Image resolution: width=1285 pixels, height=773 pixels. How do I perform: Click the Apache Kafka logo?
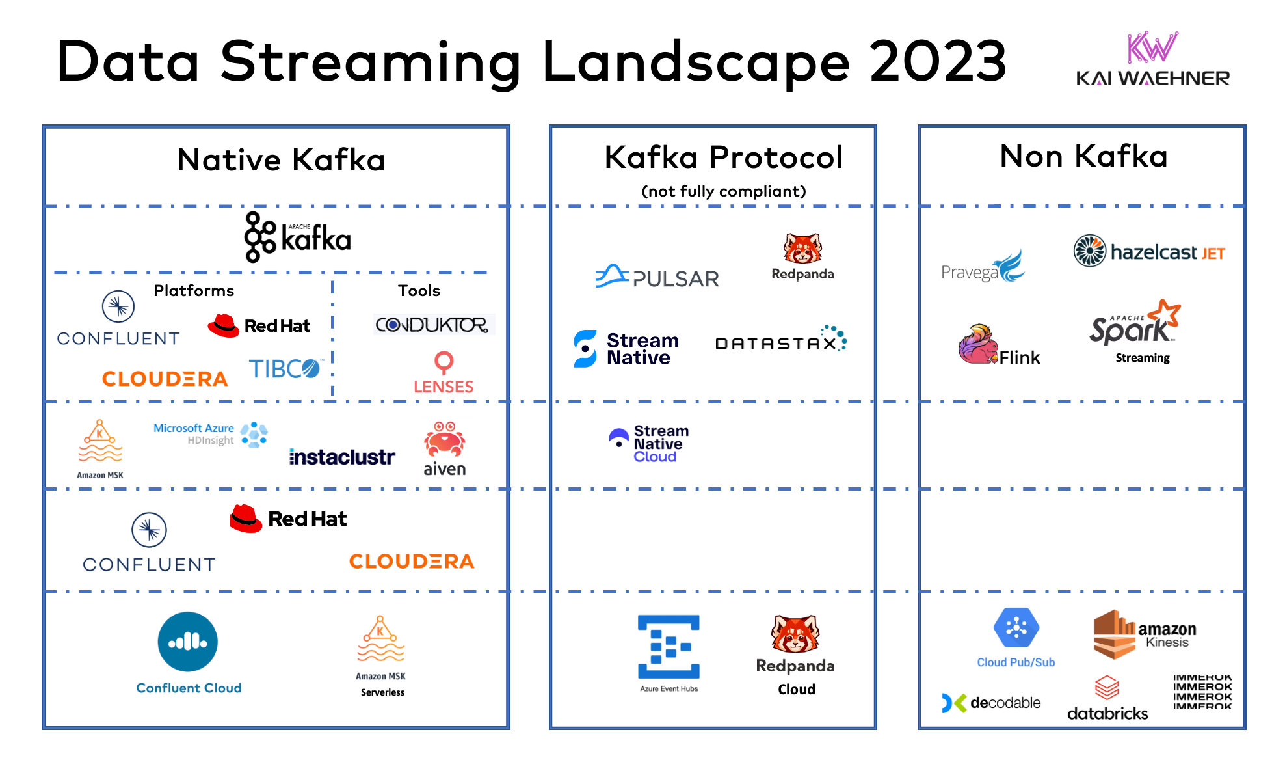pos(298,237)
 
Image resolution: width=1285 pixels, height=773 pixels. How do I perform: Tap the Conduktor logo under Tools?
pos(432,324)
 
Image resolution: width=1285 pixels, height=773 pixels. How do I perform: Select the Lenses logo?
pos(444,373)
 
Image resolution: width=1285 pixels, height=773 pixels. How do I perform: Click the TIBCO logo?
pos(285,369)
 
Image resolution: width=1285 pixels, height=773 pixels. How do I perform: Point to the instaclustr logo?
pos(342,457)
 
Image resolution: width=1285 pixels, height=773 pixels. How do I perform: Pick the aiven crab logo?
pos(445,441)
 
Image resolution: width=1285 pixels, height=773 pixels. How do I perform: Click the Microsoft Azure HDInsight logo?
pos(210,434)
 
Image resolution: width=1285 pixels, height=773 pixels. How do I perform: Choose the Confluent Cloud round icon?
pos(187,642)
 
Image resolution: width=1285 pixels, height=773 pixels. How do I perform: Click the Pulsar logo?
pos(657,277)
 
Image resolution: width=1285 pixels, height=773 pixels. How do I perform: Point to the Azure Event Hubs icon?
pos(669,647)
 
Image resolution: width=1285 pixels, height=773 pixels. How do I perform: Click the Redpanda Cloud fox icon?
pos(795,634)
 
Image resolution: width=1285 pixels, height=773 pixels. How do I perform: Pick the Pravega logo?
pos(983,267)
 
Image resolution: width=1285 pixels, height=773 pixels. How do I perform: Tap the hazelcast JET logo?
pos(1149,251)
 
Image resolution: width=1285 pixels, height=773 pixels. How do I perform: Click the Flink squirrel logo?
pos(979,344)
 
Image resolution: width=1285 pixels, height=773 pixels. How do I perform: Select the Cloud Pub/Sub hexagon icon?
pos(1016,628)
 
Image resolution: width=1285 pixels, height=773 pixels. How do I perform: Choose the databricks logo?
pos(1107,699)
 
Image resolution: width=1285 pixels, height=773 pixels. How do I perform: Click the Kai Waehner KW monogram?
pos(1152,47)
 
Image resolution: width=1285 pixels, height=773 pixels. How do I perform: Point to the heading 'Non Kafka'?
pos(1083,156)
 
